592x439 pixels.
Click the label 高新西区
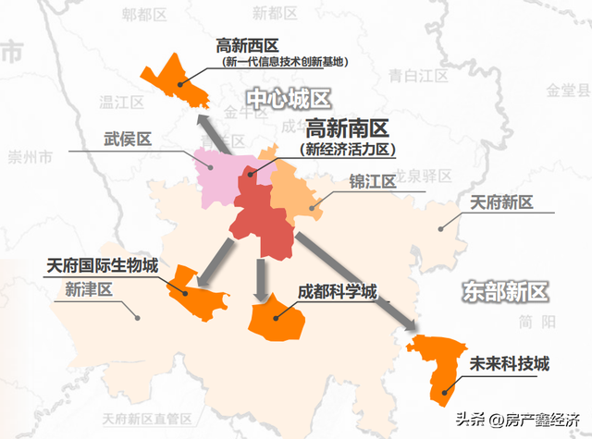pyautogui.click(x=247, y=45)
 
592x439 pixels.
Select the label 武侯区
pyautogui.click(x=128, y=139)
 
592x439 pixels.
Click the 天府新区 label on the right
pyautogui.click(x=501, y=201)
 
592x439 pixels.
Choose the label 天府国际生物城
pyautogui.click(x=103, y=265)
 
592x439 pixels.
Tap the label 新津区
pyautogui.click(x=89, y=289)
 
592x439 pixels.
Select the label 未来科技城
pyautogui.click(x=510, y=363)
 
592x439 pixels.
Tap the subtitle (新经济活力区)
pyautogui.click(x=348, y=148)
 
